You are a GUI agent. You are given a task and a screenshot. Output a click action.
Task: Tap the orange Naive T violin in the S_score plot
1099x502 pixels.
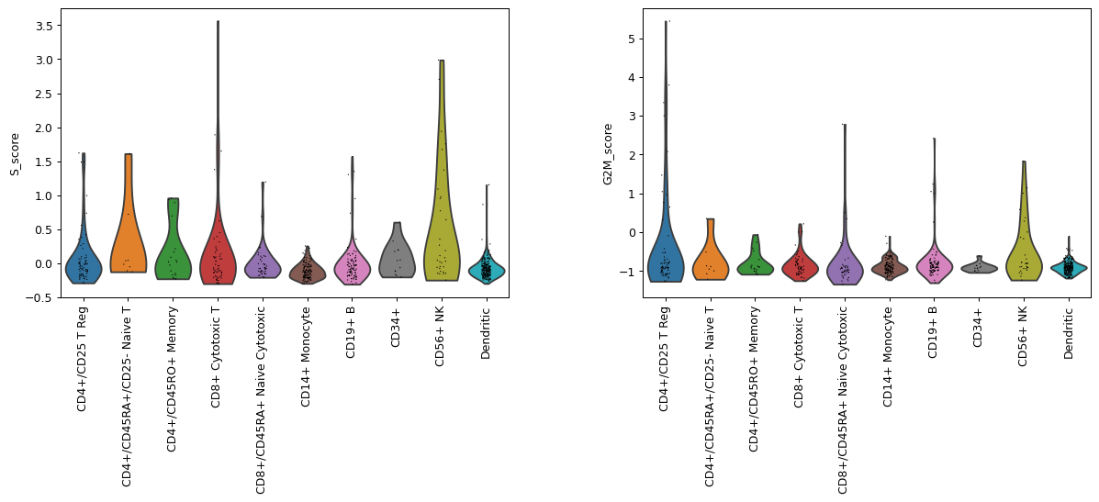[x=128, y=229]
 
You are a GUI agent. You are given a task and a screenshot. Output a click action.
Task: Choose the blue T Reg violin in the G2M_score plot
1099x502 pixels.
[x=666, y=257]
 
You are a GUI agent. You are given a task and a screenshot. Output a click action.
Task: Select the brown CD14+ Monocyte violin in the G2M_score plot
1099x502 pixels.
[x=889, y=266]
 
